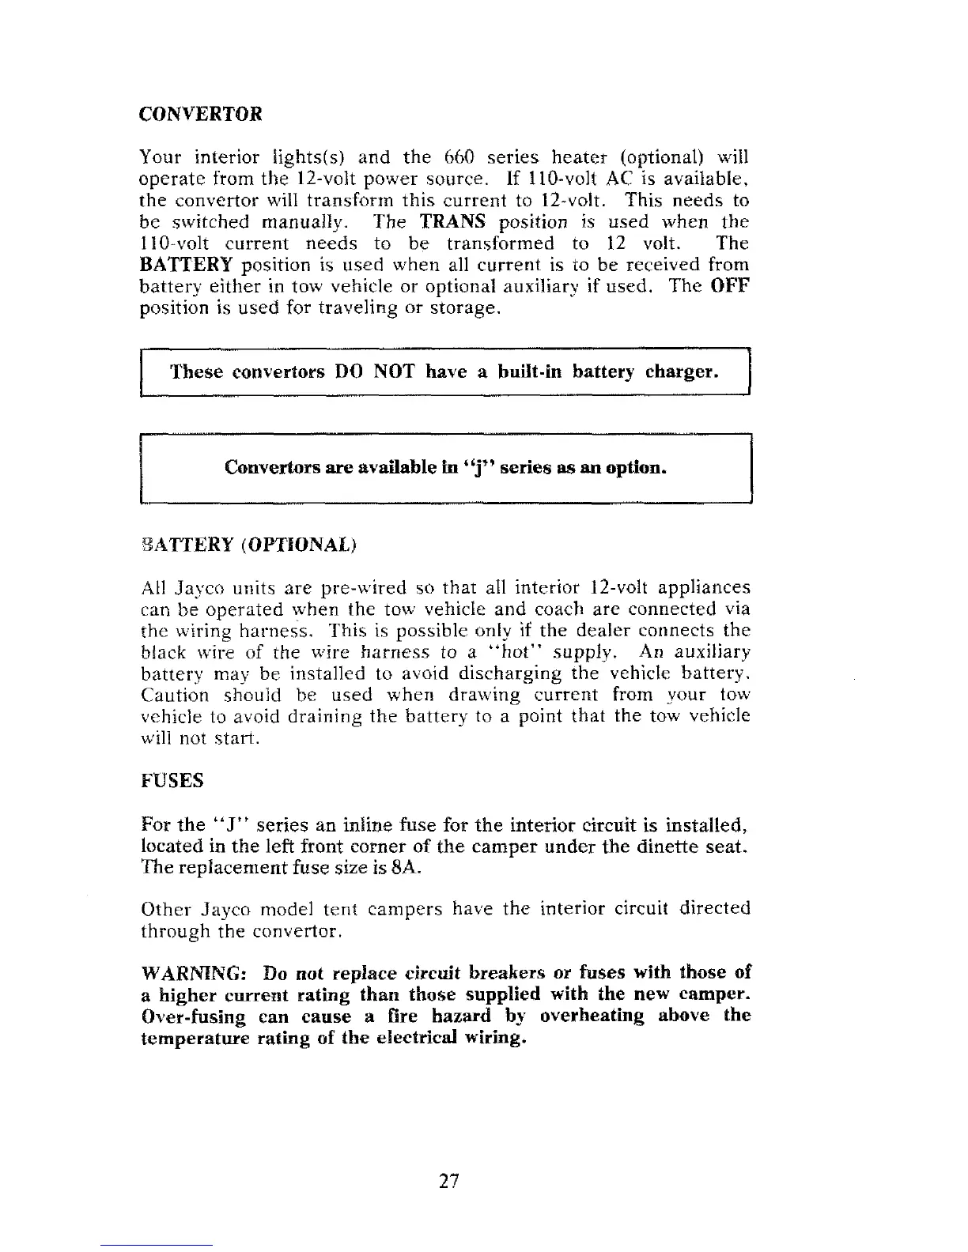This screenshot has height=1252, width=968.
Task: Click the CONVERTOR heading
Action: [x=200, y=114]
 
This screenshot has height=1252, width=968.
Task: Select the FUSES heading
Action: [x=172, y=781]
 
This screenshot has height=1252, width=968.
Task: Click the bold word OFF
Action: [x=729, y=286]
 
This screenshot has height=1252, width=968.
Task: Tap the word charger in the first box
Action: [x=681, y=371]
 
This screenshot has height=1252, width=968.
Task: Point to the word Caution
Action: [x=175, y=696]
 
